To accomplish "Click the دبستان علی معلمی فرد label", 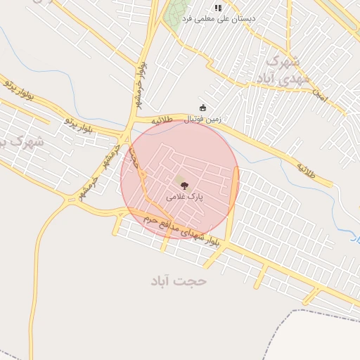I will (219, 18).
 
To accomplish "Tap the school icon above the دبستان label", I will (218, 8).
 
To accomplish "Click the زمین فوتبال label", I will (202, 120).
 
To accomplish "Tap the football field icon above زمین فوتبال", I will (203, 108).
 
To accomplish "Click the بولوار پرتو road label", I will (18, 91).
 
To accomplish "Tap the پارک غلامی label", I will (184, 198).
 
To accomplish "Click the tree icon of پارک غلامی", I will (184, 186).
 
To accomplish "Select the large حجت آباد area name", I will (179, 281).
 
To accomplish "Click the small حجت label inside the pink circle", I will (134, 158).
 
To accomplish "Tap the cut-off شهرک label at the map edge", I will (21, 143).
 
